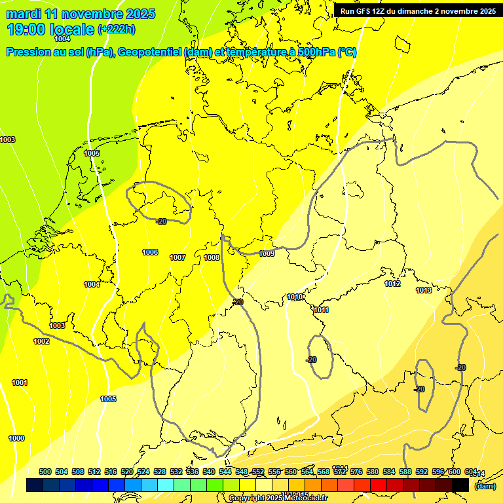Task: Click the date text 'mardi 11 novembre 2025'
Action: pos(81,14)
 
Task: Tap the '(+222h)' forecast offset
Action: pos(117,29)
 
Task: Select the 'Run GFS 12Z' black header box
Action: pos(417,10)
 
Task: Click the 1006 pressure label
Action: pos(150,252)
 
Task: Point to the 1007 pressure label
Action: pos(177,257)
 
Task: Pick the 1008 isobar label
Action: pos(212,257)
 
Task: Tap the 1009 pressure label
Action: pos(267,253)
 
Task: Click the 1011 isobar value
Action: pos(321,310)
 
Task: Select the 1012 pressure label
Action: pos(392,284)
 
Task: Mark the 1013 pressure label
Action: pos(424,289)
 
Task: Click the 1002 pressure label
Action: pos(41,341)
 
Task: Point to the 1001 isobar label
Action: pos(20,382)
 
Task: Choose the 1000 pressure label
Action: pos(16,438)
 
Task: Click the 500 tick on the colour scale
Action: pos(45,472)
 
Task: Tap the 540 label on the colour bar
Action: pos(209,472)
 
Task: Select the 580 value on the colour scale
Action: pos(373,472)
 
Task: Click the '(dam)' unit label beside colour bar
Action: pos(485,486)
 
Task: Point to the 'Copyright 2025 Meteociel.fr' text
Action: pos(278,498)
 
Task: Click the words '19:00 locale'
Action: pos(50,29)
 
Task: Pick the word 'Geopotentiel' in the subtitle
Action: pos(149,52)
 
